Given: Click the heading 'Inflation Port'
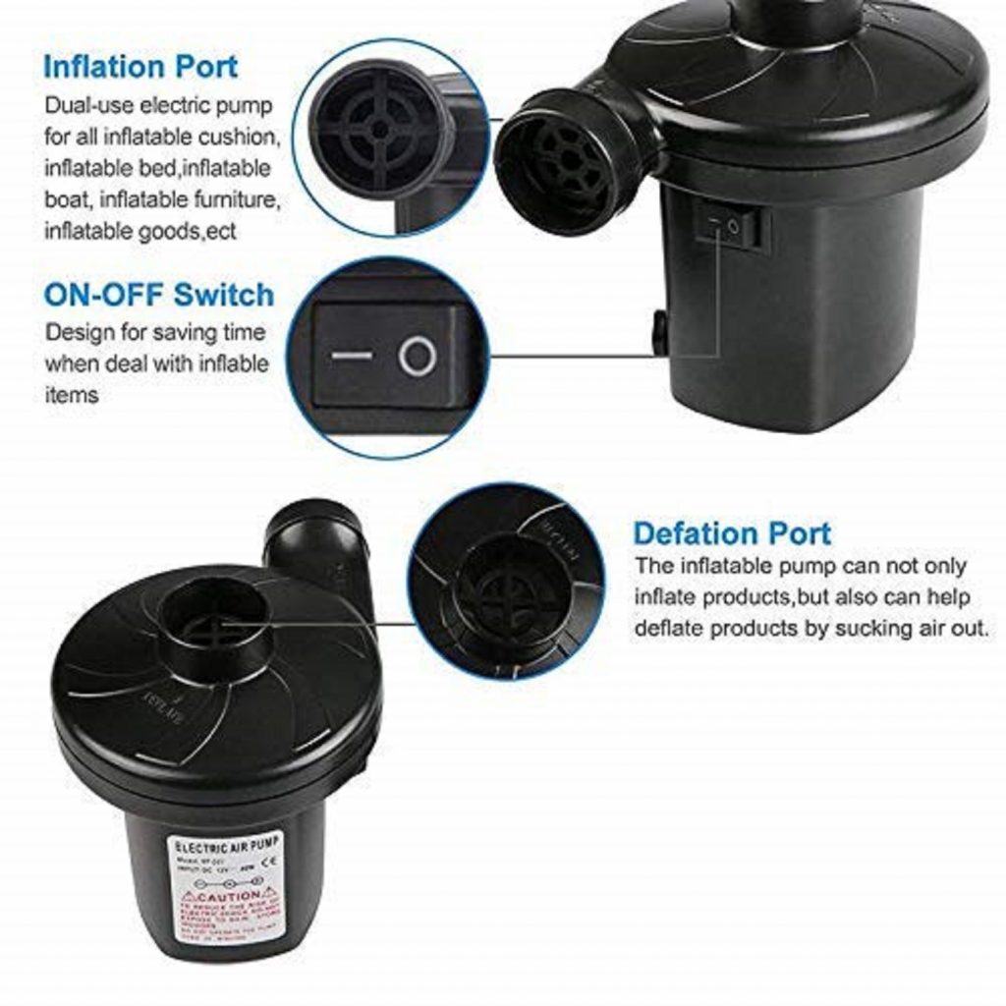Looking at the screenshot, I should [140, 67].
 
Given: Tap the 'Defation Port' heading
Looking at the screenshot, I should [732, 533].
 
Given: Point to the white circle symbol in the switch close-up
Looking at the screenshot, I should [418, 356].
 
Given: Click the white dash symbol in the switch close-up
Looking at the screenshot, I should [351, 355].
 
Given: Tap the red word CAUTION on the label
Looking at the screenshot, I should [228, 896].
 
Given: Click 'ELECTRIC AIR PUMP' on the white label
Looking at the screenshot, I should [227, 844].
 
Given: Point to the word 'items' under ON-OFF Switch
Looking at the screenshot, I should [71, 395].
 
